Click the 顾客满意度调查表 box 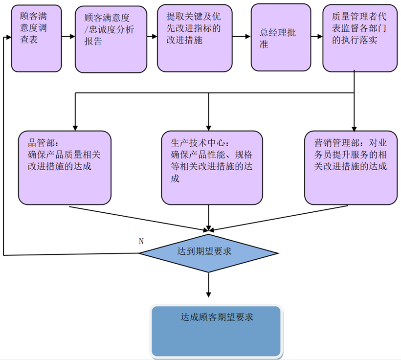37,38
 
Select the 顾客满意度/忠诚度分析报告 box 111,40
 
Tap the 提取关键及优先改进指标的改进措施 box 195,38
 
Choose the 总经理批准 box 281,37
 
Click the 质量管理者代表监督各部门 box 360,38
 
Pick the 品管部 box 65,168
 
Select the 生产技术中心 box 212,168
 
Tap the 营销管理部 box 351,168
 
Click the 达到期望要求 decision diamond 209,253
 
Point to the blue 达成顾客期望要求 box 216,331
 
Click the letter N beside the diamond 141,241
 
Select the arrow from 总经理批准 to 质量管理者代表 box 317,37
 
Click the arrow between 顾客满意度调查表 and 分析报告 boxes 68,37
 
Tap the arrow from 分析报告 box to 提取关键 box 152,37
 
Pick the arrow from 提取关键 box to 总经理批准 242,37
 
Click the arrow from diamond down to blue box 209,285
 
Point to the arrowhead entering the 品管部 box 75,128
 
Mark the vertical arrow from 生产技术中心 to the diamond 209,218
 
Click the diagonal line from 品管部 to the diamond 138,219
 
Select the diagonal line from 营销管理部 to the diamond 279,218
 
